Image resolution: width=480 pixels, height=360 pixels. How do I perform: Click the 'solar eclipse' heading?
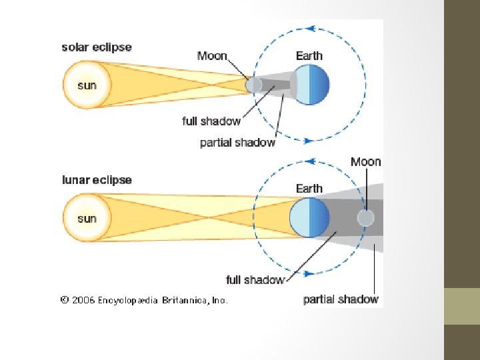pyautogui.click(x=97, y=47)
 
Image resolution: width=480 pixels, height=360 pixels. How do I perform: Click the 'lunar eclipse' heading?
pyautogui.click(x=97, y=180)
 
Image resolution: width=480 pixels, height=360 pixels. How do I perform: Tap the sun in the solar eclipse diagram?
pyautogui.click(x=86, y=85)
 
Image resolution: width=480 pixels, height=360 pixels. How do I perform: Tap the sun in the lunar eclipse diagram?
pyautogui.click(x=86, y=218)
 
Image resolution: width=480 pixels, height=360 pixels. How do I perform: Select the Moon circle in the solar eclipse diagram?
pyautogui.click(x=253, y=85)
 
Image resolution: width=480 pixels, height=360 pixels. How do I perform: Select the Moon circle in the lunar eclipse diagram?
pyautogui.click(x=365, y=218)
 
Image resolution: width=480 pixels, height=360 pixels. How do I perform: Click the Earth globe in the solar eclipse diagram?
pyautogui.click(x=311, y=85)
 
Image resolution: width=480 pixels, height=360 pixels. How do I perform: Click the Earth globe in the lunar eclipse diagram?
pyautogui.click(x=309, y=218)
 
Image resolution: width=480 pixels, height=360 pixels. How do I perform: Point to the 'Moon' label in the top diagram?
pyautogui.click(x=212, y=56)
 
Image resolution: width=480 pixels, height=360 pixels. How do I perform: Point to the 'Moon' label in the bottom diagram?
pyautogui.click(x=366, y=162)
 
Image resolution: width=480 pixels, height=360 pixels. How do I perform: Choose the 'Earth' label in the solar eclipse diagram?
pyautogui.click(x=309, y=56)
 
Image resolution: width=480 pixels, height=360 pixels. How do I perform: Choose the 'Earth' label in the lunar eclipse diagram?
pyautogui.click(x=309, y=189)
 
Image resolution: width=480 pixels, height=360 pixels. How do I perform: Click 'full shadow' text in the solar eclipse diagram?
pyautogui.click(x=211, y=121)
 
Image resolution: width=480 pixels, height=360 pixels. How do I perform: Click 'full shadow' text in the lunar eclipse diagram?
pyautogui.click(x=255, y=280)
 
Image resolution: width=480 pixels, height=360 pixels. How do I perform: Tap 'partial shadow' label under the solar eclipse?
pyautogui.click(x=237, y=143)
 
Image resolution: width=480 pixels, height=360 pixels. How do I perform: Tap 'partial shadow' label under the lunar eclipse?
pyautogui.click(x=341, y=299)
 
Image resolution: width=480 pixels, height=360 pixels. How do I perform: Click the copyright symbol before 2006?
pyautogui.click(x=65, y=301)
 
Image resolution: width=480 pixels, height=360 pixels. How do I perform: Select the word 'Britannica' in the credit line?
pyautogui.click(x=185, y=301)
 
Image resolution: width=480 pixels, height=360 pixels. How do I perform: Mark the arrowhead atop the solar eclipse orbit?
pyautogui.click(x=312, y=29)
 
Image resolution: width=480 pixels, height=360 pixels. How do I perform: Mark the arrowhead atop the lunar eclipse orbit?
pyautogui.click(x=312, y=161)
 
